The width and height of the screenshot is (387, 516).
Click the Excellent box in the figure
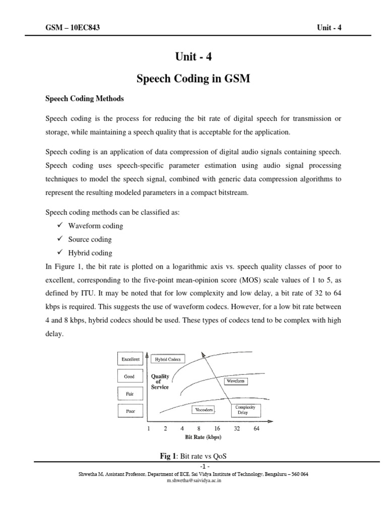click(x=130, y=359)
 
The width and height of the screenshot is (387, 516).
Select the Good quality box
click(x=130, y=376)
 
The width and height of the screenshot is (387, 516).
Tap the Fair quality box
click(x=130, y=394)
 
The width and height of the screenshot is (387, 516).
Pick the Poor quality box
click(x=130, y=411)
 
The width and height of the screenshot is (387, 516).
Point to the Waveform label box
click(x=235, y=381)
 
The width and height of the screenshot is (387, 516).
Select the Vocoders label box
click(x=203, y=410)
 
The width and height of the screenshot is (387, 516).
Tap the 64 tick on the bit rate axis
click(x=256, y=429)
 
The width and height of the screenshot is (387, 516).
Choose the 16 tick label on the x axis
click(x=217, y=429)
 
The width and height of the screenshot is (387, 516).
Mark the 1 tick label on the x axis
click(x=149, y=429)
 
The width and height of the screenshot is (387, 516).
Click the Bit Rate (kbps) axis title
click(x=203, y=437)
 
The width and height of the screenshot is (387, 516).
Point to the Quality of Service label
click(x=160, y=381)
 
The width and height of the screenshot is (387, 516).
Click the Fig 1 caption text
click(x=193, y=456)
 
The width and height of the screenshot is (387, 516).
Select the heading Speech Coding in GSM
click(x=193, y=79)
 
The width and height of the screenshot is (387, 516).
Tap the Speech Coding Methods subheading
click(x=84, y=98)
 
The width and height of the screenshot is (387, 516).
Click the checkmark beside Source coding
click(x=59, y=239)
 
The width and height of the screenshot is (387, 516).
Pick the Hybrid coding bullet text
click(x=90, y=253)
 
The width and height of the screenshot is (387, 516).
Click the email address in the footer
click(x=193, y=481)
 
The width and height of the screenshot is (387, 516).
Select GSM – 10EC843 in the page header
click(x=73, y=27)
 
